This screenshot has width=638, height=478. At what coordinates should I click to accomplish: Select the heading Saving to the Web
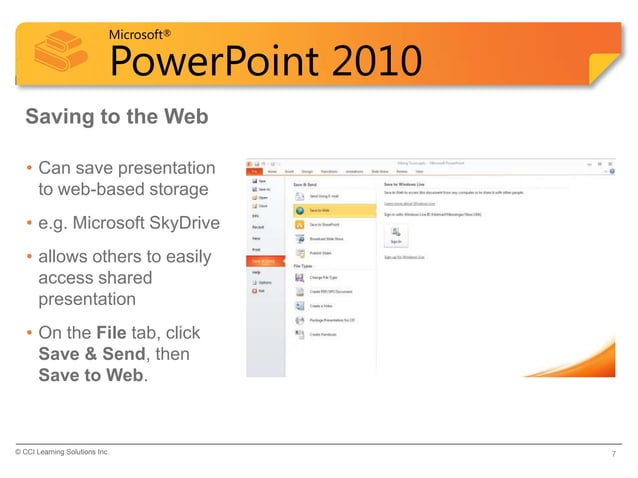(x=116, y=118)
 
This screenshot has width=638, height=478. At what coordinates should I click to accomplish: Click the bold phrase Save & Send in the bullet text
(x=90, y=353)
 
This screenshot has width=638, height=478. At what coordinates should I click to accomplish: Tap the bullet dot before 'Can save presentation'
(x=30, y=168)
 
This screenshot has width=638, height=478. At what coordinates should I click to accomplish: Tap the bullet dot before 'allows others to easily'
(x=30, y=258)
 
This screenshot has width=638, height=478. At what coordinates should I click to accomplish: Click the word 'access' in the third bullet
(x=65, y=279)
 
